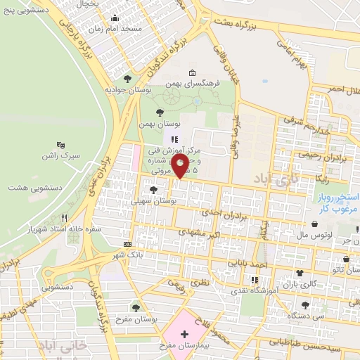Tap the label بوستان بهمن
point(155,124)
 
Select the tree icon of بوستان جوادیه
point(127,79)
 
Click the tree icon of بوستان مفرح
point(136,307)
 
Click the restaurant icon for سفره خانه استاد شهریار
point(65,219)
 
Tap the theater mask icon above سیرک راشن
point(60,143)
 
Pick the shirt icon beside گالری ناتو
point(300,272)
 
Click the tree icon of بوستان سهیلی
point(153,191)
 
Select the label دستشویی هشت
point(35,188)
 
